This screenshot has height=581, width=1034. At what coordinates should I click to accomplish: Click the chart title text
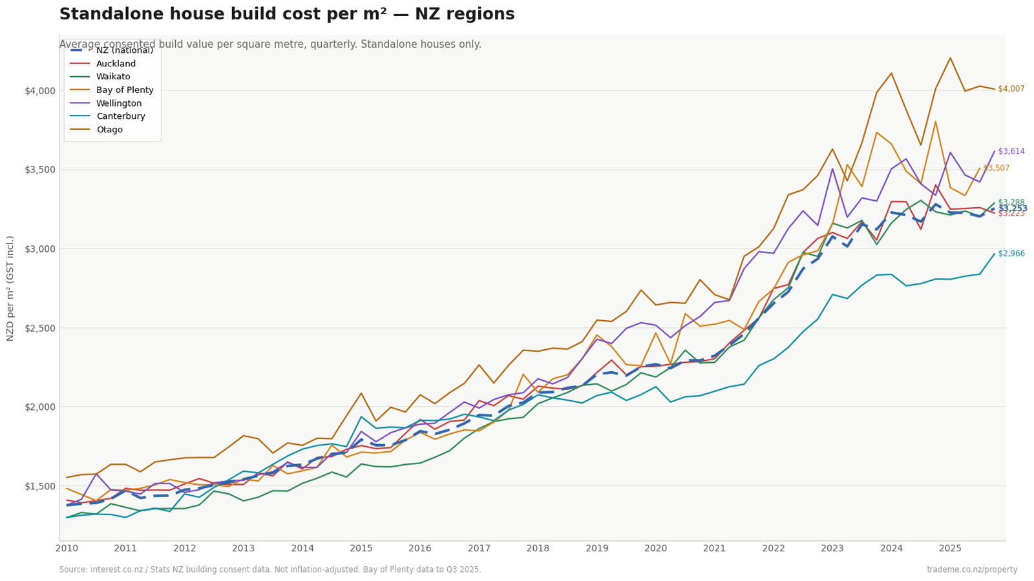[287, 15]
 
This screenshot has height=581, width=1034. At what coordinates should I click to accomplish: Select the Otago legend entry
[109, 130]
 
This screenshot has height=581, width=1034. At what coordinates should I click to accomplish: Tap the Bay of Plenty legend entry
[124, 90]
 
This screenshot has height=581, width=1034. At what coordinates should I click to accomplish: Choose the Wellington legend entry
[118, 103]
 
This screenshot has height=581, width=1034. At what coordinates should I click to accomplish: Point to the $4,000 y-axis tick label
[40, 90]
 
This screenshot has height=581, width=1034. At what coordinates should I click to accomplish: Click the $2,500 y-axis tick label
[40, 328]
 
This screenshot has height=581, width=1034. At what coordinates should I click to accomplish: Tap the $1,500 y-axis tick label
[40, 486]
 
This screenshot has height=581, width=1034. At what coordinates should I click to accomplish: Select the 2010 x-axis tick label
[67, 549]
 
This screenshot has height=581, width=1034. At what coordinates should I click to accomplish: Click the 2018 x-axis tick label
[538, 549]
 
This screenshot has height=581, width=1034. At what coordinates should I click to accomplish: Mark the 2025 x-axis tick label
[950, 549]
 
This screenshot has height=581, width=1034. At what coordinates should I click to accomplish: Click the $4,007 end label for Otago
[1011, 89]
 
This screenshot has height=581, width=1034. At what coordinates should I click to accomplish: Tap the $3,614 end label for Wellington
[1011, 152]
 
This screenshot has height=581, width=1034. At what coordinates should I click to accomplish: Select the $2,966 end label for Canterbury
[1011, 254]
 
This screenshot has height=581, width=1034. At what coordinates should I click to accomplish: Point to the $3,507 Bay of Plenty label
[996, 168]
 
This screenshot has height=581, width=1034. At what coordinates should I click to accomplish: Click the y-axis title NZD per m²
[10, 288]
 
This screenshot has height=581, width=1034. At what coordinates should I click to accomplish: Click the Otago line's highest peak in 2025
[950, 58]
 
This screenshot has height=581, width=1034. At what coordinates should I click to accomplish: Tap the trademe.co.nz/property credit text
[971, 569]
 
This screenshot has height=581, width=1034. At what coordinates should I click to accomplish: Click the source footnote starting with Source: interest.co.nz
[270, 569]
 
